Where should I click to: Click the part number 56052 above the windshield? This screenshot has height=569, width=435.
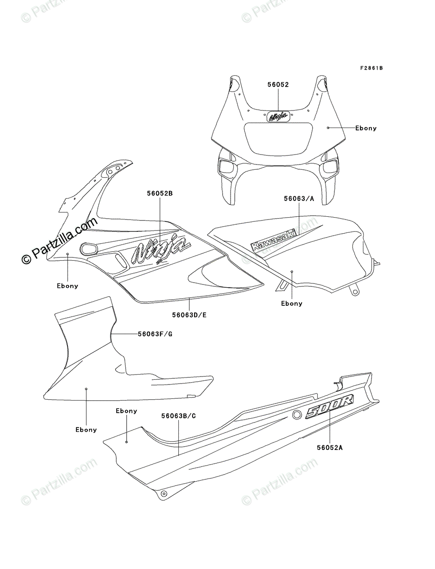278,84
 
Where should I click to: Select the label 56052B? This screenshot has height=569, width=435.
159,193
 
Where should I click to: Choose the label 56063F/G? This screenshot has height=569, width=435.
155,334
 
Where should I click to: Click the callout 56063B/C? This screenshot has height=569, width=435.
178,416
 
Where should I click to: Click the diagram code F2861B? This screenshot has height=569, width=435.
371,68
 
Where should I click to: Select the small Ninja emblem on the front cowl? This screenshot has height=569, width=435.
278,116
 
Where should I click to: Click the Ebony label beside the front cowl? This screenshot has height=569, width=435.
366,128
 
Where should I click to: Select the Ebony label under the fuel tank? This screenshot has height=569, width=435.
291,303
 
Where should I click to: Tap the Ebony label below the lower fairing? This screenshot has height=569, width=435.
86,430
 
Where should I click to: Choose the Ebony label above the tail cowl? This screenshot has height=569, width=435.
126,411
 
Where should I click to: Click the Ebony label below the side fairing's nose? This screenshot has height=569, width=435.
67,286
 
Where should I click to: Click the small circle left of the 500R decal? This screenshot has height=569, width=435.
297,415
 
